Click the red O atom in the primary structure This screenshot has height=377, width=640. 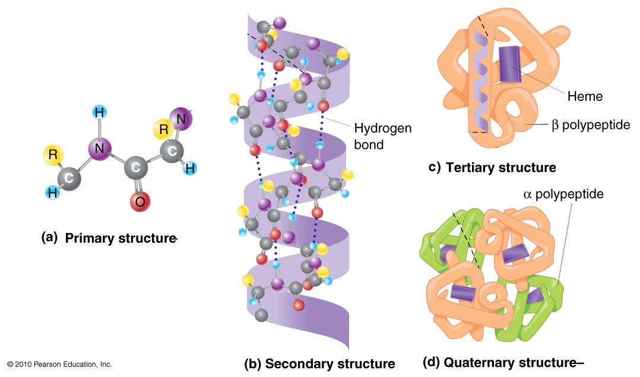click(140, 201)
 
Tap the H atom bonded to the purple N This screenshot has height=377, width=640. click(100, 113)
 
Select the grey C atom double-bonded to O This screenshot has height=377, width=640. click(136, 169)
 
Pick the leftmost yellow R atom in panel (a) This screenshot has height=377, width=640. click(53, 155)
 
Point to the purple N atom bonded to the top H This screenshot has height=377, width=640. click(100, 149)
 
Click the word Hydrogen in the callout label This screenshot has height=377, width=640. click(383, 128)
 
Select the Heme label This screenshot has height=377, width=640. click(585, 96)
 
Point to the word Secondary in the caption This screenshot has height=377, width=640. click(299, 363)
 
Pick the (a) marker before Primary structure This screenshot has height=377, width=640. click(50, 238)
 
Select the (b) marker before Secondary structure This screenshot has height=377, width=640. click(252, 363)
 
